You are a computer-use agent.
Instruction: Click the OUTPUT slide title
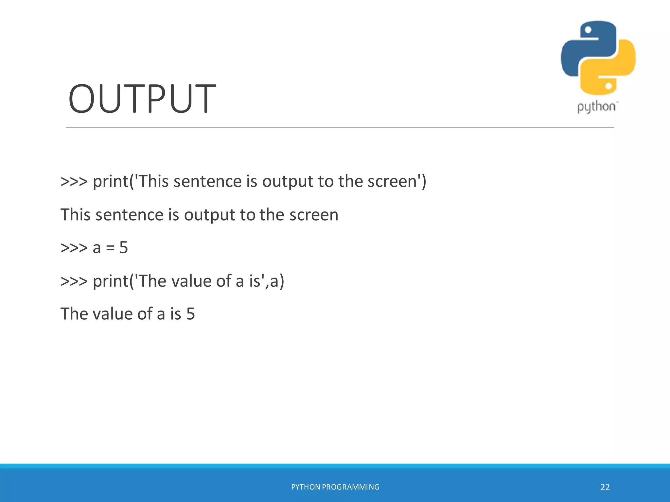click(x=142, y=99)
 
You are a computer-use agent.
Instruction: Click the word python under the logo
click(x=596, y=107)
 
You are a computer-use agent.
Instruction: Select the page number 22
click(x=605, y=487)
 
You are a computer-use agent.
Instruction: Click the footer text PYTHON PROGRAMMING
click(x=335, y=487)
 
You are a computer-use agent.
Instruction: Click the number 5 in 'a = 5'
click(x=123, y=248)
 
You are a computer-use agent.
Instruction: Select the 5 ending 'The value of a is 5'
click(x=190, y=314)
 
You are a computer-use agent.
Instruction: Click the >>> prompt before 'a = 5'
click(x=74, y=248)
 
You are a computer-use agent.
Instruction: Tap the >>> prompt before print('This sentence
click(x=74, y=181)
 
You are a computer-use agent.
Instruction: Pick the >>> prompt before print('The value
click(x=74, y=281)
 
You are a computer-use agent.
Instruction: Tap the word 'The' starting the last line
click(x=74, y=314)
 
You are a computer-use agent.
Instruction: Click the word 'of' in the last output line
click(x=145, y=314)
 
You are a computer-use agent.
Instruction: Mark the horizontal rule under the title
click(x=340, y=127)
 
